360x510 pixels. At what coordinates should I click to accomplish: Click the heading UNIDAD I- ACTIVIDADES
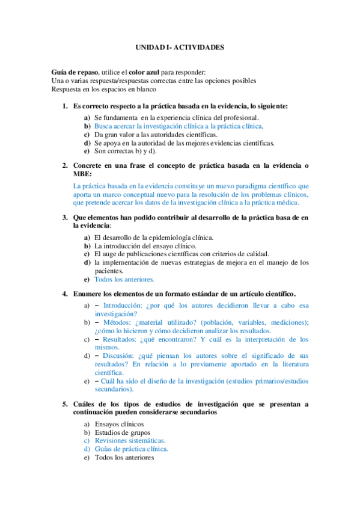pyautogui.click(x=179, y=46)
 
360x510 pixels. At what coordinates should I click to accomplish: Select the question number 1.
pyautogui.click(x=65, y=106)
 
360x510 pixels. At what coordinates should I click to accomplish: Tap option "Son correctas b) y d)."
pyautogui.click(x=127, y=152)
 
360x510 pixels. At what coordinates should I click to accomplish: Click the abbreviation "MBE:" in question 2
pyautogui.click(x=82, y=173)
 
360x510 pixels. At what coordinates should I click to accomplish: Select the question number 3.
pyautogui.click(x=65, y=217)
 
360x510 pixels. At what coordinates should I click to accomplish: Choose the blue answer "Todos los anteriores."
pyautogui.click(x=124, y=279)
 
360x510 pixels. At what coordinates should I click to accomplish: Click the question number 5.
pyautogui.click(x=65, y=404)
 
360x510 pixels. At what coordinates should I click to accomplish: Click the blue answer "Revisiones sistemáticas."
pyautogui.click(x=129, y=441)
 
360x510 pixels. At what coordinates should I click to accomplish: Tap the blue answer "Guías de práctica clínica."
pyautogui.click(x=131, y=449)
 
